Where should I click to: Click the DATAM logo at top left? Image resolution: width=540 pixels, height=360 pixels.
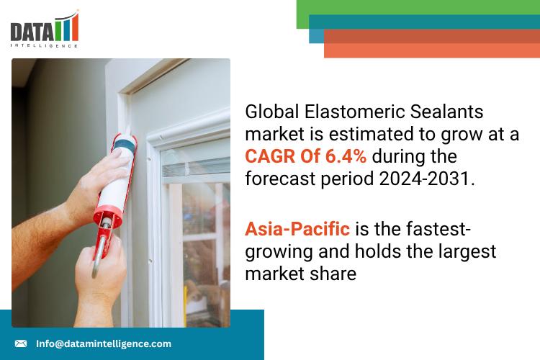click(45, 29)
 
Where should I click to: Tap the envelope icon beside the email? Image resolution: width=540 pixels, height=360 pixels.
click(21, 343)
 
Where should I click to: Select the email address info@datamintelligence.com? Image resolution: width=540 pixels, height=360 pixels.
click(104, 343)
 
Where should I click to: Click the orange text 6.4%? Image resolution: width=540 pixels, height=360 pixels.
click(346, 156)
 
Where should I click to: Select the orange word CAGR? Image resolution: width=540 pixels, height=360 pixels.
click(270, 156)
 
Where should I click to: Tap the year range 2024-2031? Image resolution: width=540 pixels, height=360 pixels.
click(424, 179)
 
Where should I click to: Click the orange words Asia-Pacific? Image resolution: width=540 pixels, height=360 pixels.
click(297, 229)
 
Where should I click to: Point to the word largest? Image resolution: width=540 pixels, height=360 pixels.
click(467, 252)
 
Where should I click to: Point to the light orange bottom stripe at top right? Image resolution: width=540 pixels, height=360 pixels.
click(432, 50)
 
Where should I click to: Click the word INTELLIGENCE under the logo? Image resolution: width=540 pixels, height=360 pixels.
click(44, 45)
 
